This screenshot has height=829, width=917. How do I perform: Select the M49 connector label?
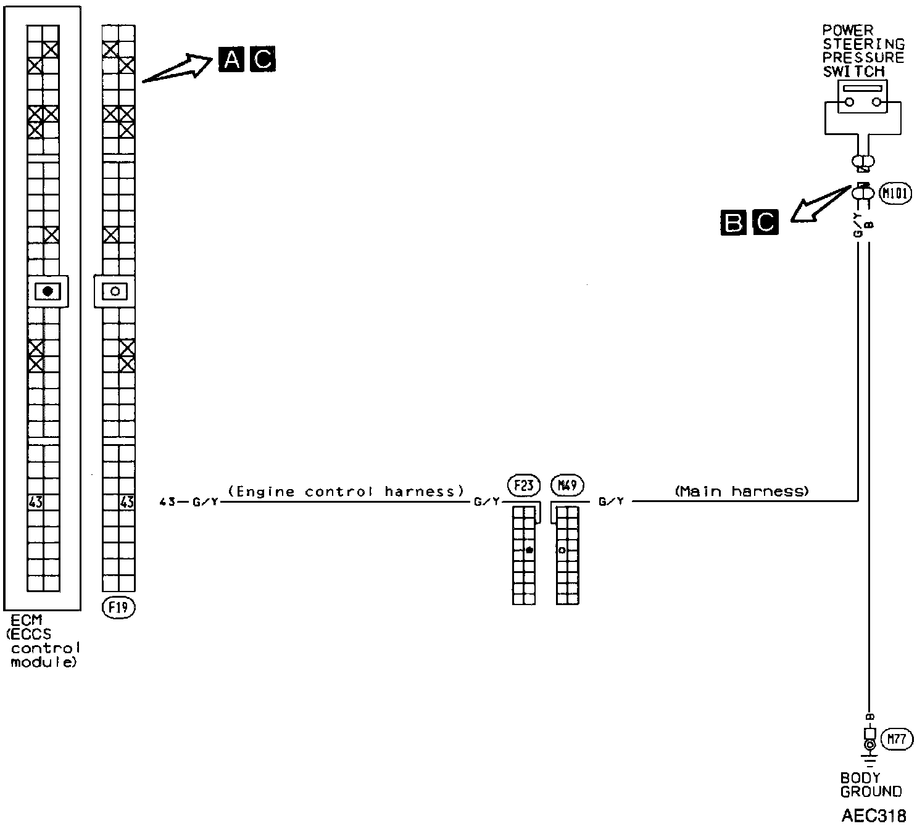click(x=567, y=485)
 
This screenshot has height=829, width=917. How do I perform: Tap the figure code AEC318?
click(x=873, y=815)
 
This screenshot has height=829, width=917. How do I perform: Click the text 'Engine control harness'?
click(x=346, y=492)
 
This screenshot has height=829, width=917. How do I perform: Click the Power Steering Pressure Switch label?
click(x=863, y=51)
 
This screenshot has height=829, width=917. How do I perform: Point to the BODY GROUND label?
click(x=871, y=785)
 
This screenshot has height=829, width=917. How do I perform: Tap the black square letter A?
click(x=231, y=60)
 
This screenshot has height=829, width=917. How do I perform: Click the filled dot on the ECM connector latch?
click(x=48, y=291)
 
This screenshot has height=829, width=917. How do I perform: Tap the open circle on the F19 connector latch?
click(x=115, y=291)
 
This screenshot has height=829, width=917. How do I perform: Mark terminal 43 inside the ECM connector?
click(x=36, y=502)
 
